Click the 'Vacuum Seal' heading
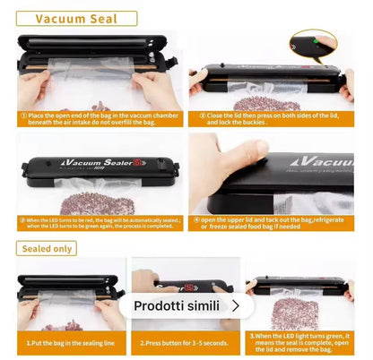tap(75, 18)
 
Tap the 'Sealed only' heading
tap(51, 248)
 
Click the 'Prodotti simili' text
tap(177, 305)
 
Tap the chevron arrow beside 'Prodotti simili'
tap(235, 305)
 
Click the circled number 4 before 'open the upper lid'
tap(194, 219)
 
